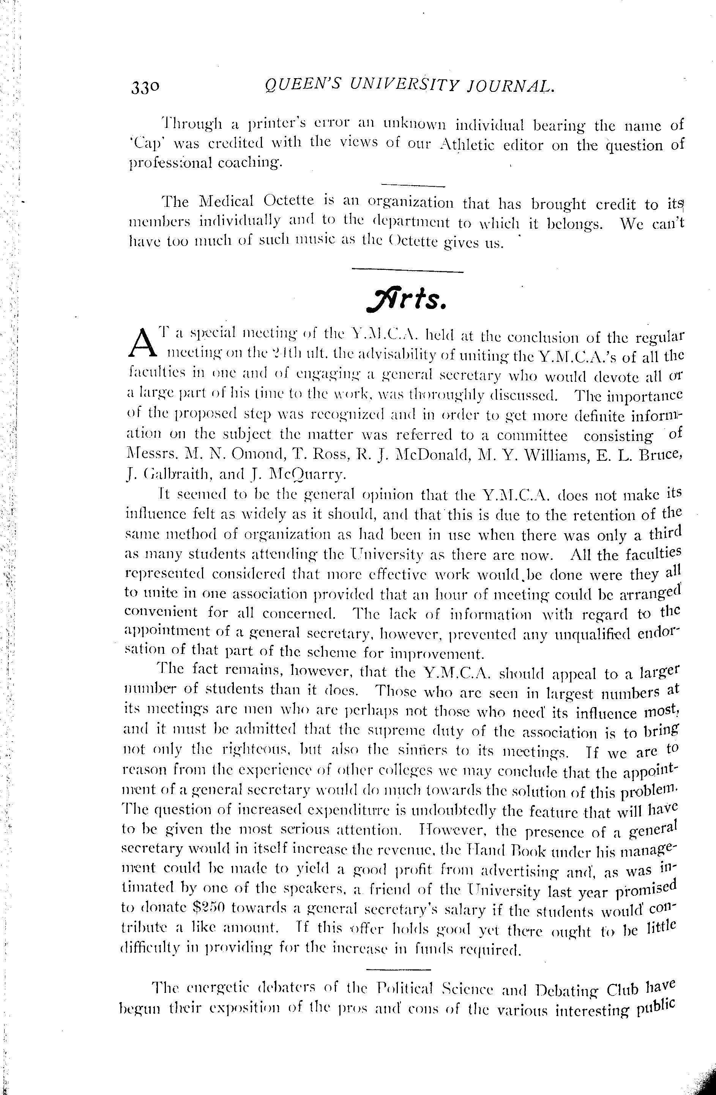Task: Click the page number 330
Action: pyautogui.click(x=145, y=87)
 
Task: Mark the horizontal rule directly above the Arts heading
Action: pyautogui.click(x=407, y=271)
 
